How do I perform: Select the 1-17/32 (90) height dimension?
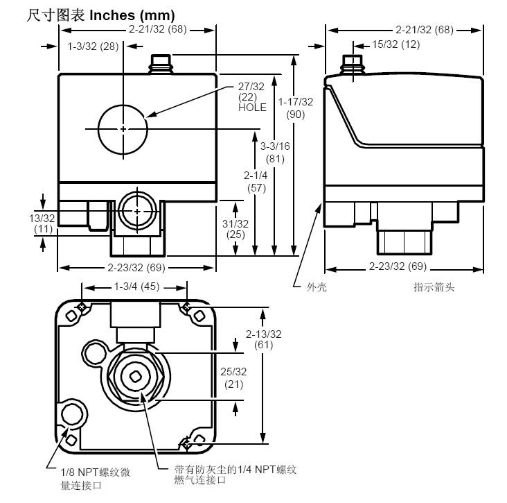[x=296, y=108]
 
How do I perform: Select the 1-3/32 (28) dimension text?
[x=94, y=46]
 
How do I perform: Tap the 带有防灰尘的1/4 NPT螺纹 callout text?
[x=235, y=471]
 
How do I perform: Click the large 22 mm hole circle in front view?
[x=123, y=129]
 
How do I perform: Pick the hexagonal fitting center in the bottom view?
[x=136, y=375]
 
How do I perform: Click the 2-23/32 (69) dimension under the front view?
[x=136, y=267]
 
